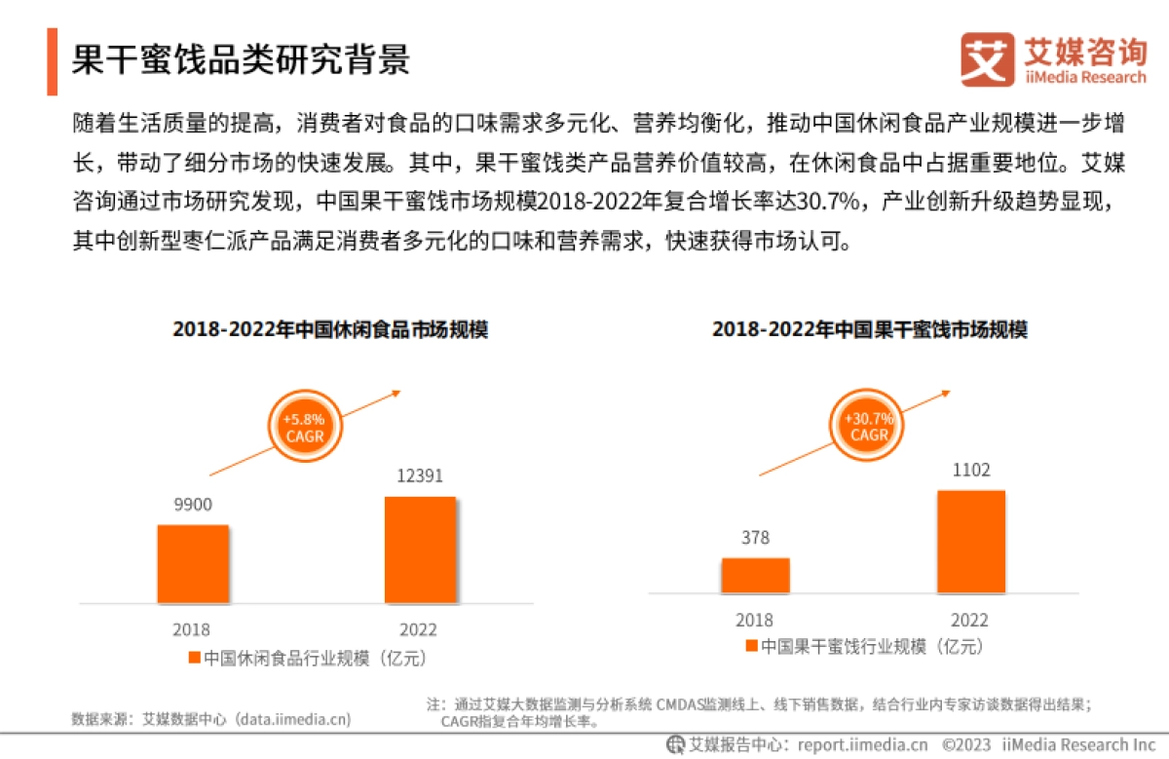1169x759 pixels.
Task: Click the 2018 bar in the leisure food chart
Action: (x=193, y=563)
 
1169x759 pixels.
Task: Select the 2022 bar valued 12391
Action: (x=420, y=550)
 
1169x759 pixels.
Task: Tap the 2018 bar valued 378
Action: (x=755, y=575)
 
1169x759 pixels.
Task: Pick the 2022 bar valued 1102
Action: (x=970, y=542)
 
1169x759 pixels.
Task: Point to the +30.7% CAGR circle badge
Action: (x=867, y=426)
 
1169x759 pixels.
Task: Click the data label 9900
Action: (x=193, y=505)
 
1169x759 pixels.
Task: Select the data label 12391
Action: (x=420, y=476)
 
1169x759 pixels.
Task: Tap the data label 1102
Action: (x=970, y=471)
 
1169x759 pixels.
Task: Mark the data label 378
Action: (x=755, y=538)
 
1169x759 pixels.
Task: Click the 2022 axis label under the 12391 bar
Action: (x=419, y=629)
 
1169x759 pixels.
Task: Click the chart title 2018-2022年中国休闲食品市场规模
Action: (x=330, y=329)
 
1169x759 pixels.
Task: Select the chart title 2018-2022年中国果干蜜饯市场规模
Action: (x=869, y=329)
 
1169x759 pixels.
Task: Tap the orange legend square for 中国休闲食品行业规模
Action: (x=194, y=657)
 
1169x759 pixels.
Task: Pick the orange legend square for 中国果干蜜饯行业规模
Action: (x=751, y=645)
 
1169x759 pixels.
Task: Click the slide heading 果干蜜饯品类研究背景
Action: (x=241, y=59)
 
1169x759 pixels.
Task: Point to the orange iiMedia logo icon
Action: (x=987, y=59)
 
